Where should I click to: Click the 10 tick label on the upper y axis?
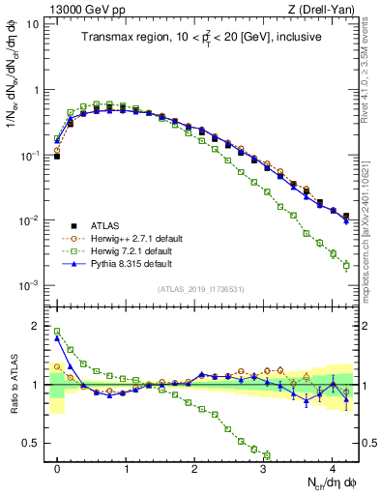pos(33,24)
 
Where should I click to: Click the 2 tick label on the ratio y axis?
pos(36,326)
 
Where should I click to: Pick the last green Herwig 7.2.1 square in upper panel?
pos(346,266)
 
